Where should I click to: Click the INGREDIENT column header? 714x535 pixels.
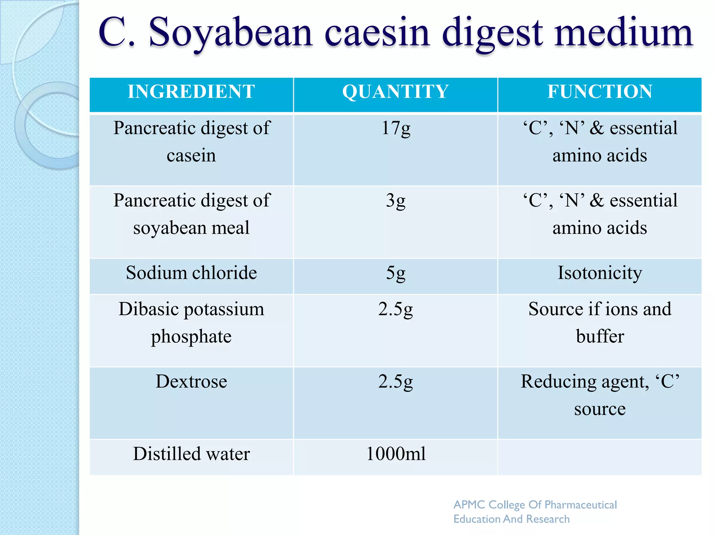pyautogui.click(x=191, y=92)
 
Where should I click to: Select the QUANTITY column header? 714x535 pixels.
pyautogui.click(x=395, y=92)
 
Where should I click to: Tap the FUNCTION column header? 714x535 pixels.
pyautogui.click(x=600, y=92)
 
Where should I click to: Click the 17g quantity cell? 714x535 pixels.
pyautogui.click(x=396, y=128)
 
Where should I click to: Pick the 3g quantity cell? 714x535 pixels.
pyautogui.click(x=396, y=201)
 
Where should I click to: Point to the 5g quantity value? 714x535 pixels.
pyautogui.click(x=396, y=273)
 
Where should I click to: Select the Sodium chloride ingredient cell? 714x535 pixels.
pyautogui.click(x=191, y=273)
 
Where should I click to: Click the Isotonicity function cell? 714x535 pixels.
pyautogui.click(x=600, y=273)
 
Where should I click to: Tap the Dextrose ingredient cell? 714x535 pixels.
pyautogui.click(x=191, y=381)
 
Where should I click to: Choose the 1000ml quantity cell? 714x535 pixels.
pyautogui.click(x=396, y=454)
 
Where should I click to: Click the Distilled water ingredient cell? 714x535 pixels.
pyautogui.click(x=191, y=454)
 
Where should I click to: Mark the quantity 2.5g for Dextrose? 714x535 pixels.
pyautogui.click(x=396, y=382)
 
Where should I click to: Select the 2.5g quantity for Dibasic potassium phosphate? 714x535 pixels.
pyautogui.click(x=396, y=309)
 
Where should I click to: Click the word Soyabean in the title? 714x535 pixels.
pyautogui.click(x=230, y=33)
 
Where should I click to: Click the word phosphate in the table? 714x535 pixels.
pyautogui.click(x=191, y=337)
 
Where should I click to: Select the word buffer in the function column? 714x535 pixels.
pyautogui.click(x=600, y=336)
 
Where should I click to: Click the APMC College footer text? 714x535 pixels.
pyautogui.click(x=535, y=511)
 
